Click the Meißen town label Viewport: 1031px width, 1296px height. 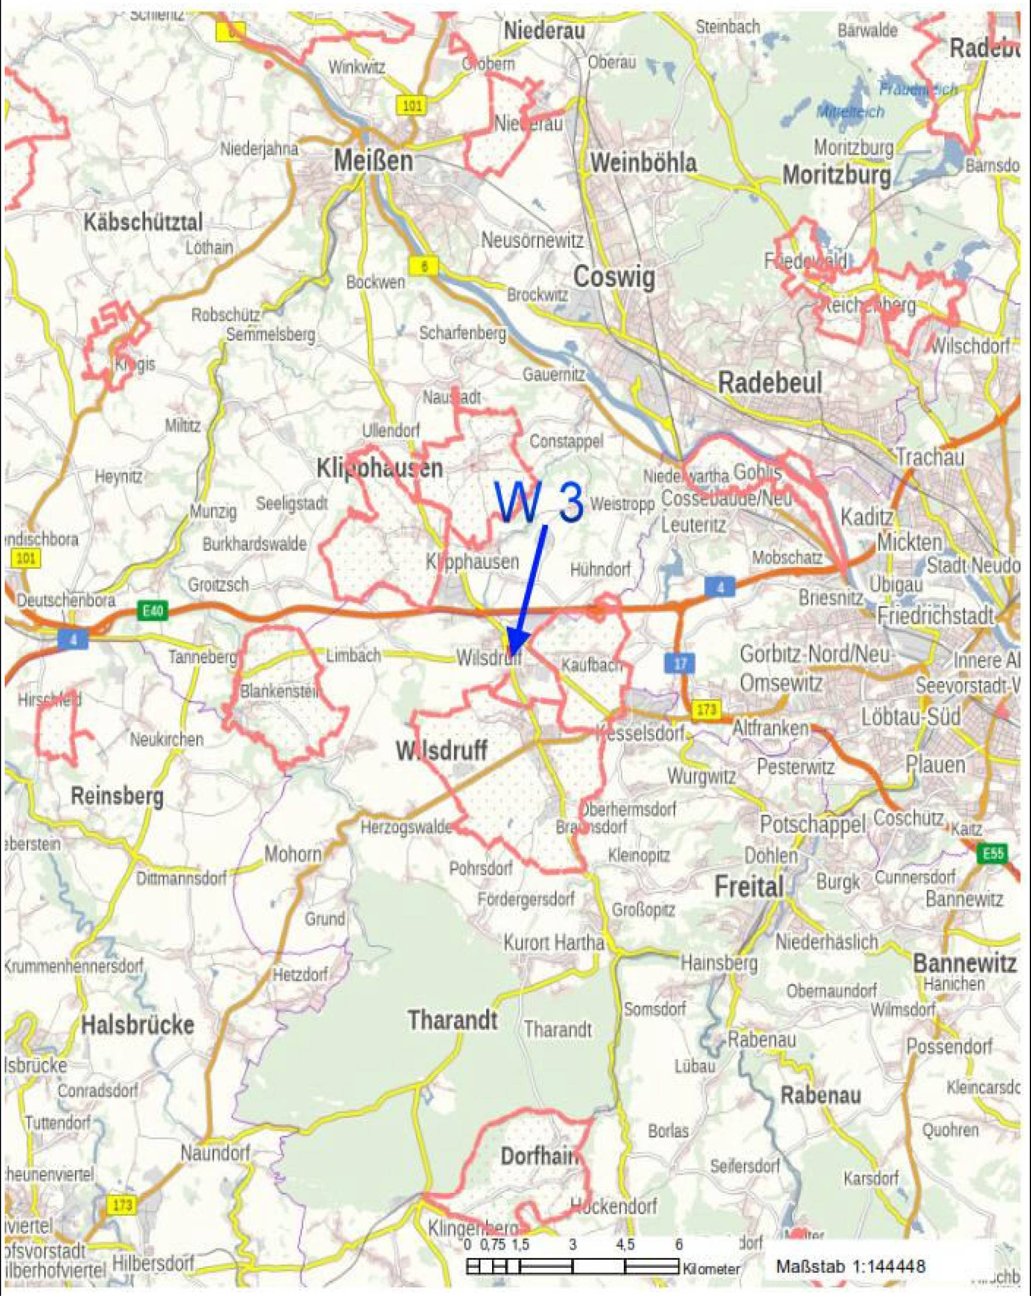(373, 161)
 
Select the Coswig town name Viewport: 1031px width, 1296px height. (614, 277)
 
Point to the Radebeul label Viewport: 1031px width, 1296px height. (770, 383)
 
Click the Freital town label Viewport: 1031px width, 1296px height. (749, 886)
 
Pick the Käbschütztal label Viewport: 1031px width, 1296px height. (143, 223)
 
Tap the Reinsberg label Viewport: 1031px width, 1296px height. (117, 796)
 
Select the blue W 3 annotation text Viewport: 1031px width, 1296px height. (540, 503)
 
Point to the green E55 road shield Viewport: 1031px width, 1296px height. (992, 854)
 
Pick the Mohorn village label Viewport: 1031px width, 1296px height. (293, 854)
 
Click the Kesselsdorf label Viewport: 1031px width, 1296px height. (640, 734)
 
